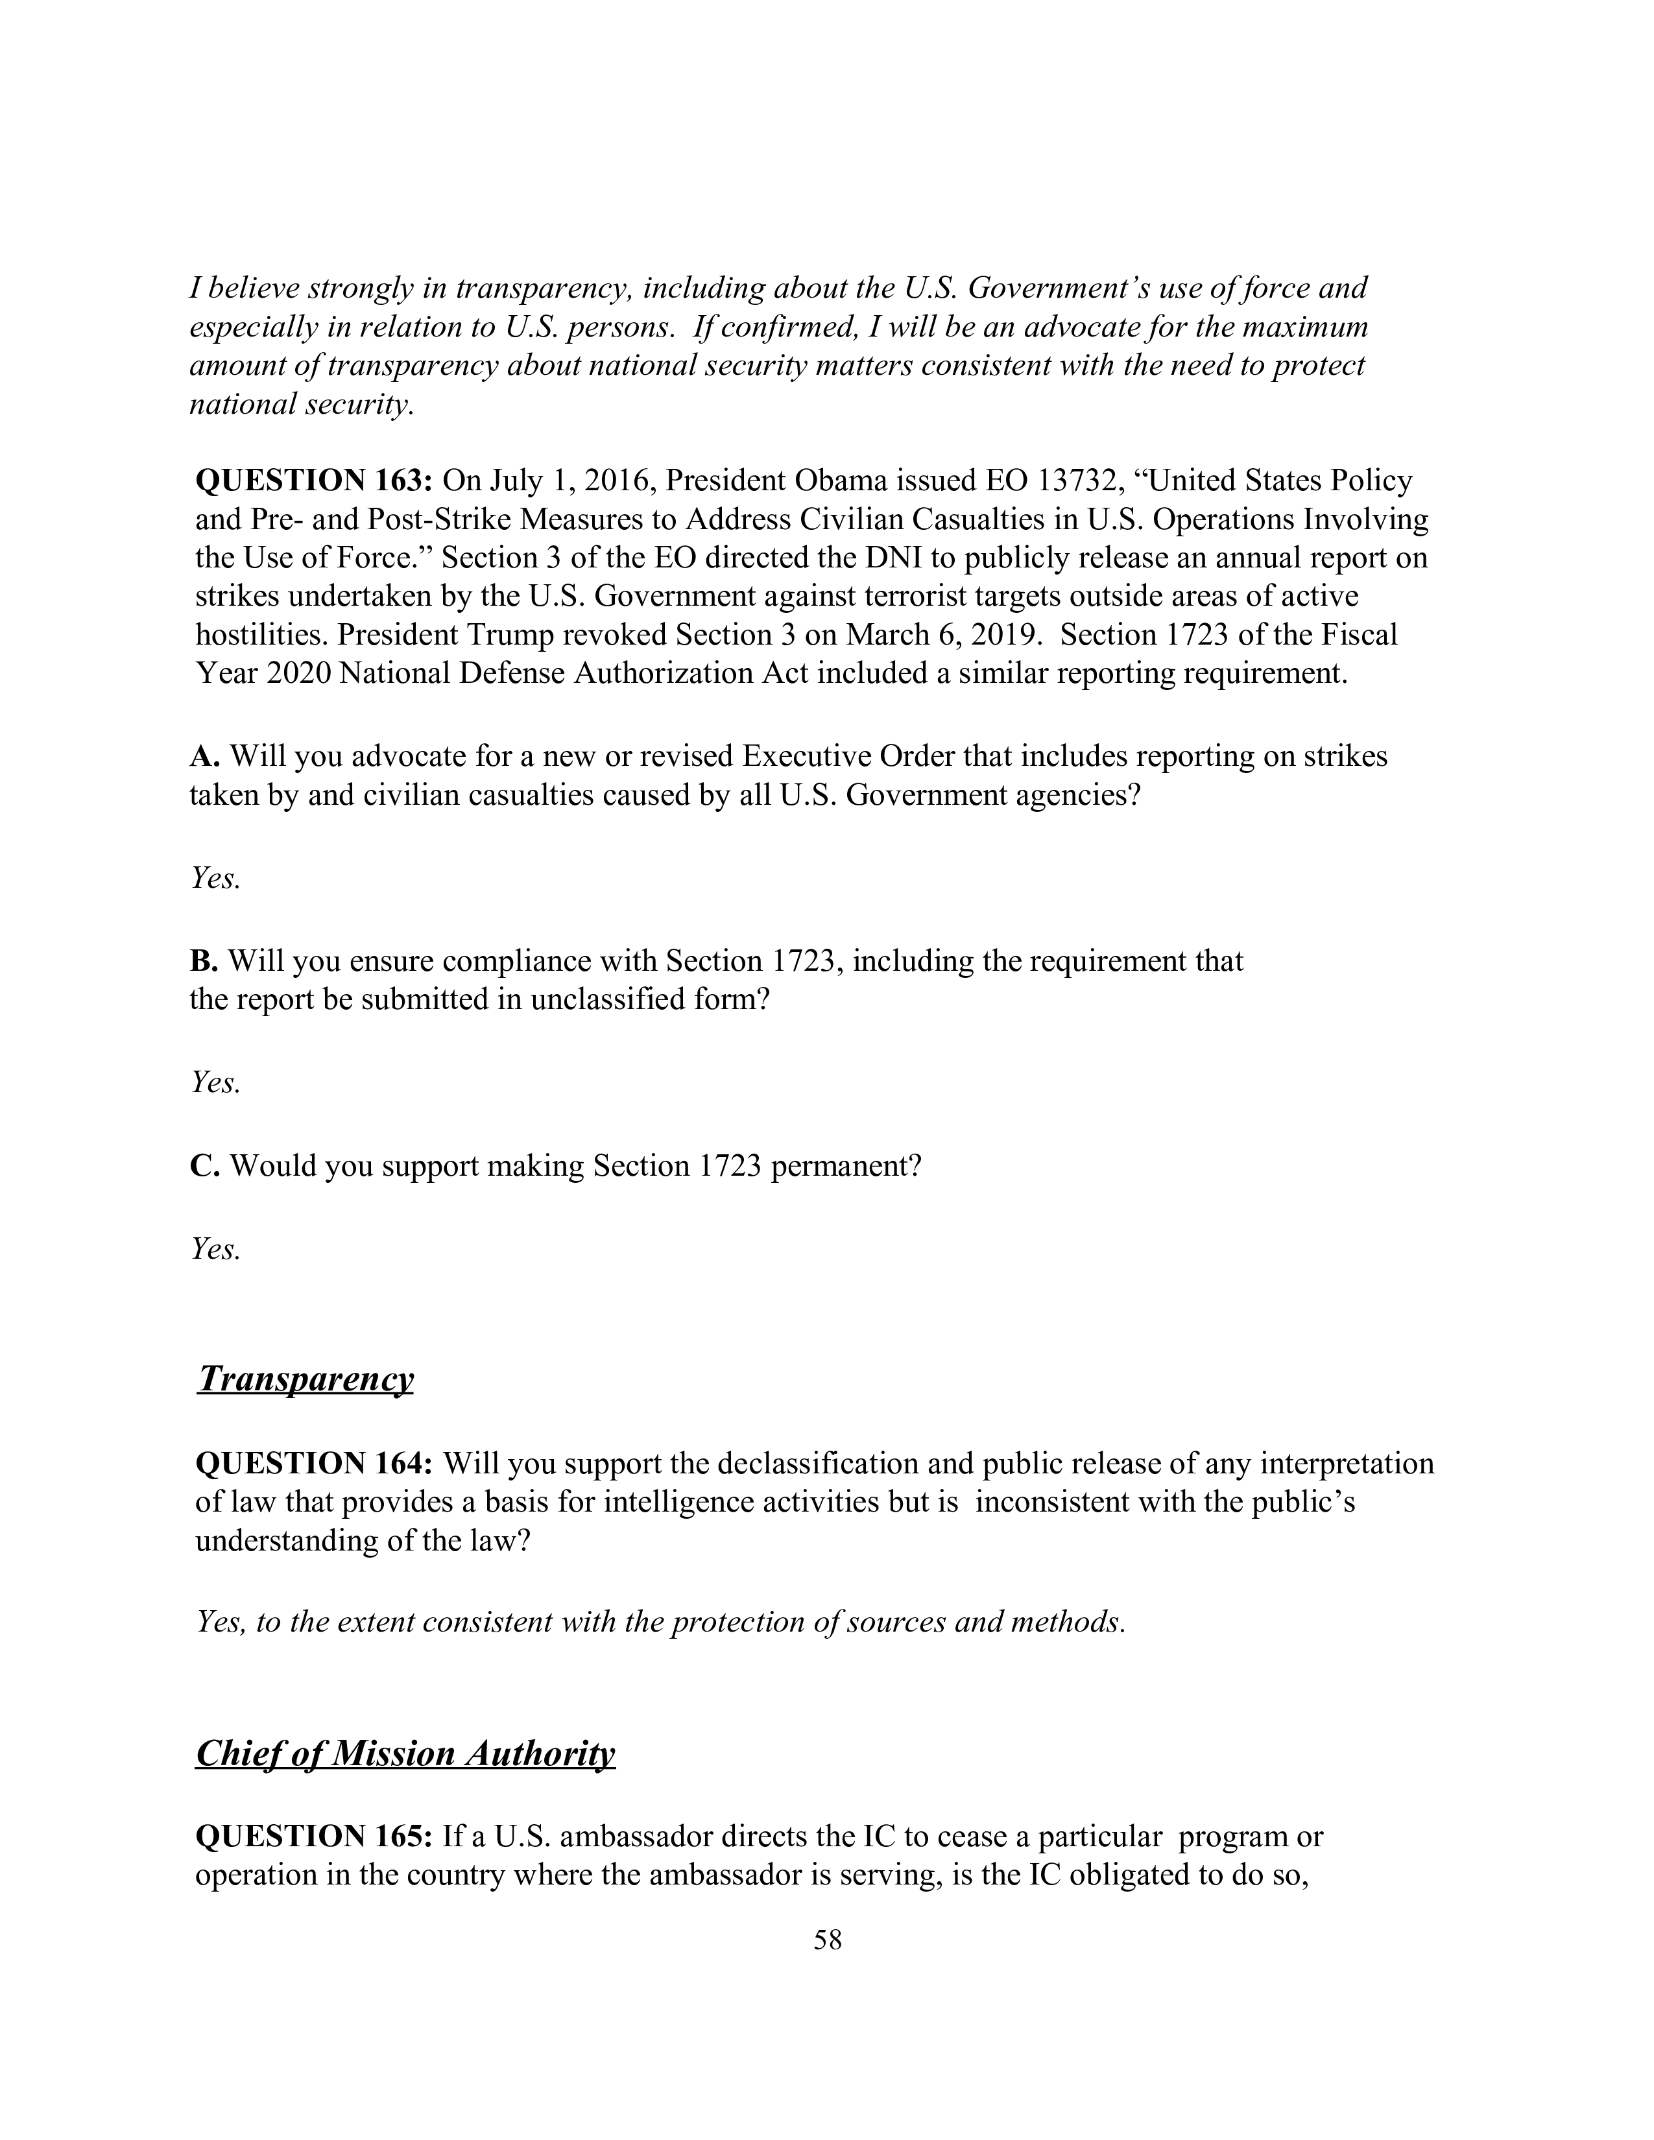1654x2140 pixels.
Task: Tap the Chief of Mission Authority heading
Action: tap(405, 1753)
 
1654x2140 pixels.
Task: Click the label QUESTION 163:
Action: tap(313, 481)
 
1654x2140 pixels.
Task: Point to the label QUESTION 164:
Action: tap(313, 1464)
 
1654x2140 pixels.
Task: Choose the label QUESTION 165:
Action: tap(313, 1837)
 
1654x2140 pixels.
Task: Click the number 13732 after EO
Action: tap(1079, 481)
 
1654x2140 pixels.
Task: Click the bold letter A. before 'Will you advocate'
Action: tap(204, 756)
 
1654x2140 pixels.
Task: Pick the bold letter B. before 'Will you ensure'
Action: tap(204, 961)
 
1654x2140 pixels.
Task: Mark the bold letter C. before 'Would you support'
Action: tap(204, 1166)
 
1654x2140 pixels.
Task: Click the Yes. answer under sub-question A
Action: tap(215, 879)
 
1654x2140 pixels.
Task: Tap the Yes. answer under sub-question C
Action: tap(215, 1250)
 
